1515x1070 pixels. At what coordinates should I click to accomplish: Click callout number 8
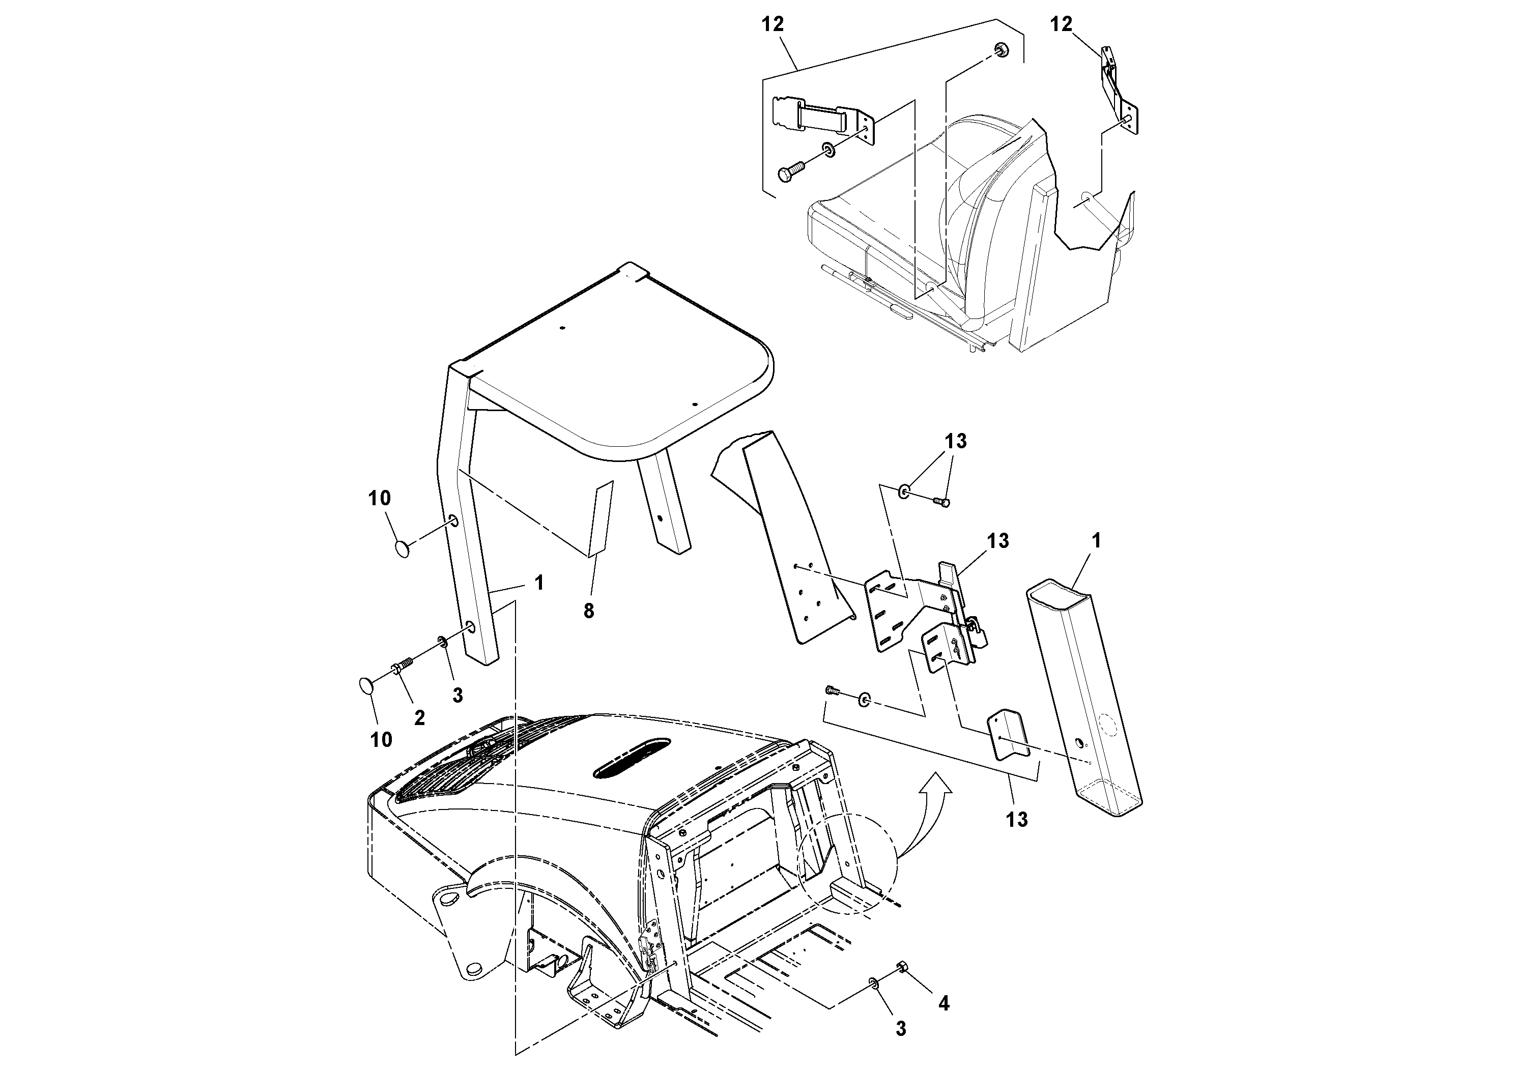589,612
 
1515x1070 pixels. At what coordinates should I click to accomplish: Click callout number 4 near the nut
944,1003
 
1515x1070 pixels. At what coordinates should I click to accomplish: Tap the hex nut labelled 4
900,968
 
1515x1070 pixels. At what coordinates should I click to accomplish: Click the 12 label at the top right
1061,24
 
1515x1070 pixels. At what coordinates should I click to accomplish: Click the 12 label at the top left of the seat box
773,24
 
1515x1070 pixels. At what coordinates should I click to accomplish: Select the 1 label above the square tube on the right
1096,541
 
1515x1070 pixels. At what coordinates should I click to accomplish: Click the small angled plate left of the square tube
1006,734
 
